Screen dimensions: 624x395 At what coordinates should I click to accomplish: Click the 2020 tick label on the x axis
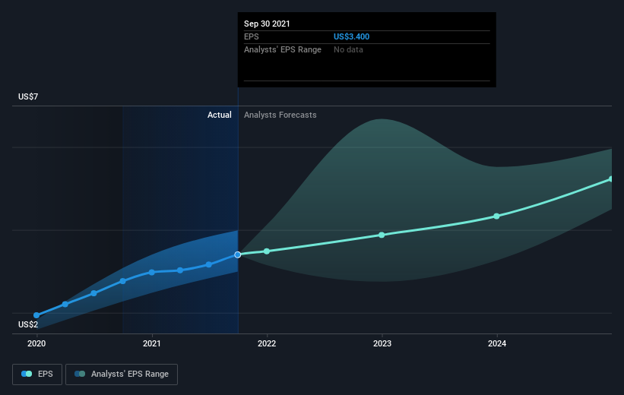click(x=36, y=343)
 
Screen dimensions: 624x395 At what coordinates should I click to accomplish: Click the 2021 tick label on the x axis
click(x=151, y=343)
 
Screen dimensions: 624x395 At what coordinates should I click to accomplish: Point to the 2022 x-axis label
click(x=267, y=343)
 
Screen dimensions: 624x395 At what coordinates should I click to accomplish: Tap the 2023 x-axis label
click(x=382, y=343)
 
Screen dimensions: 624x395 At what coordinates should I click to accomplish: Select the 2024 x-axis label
click(x=497, y=343)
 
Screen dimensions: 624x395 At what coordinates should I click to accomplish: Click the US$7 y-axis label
click(x=28, y=96)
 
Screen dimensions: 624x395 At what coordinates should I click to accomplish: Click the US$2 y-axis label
click(x=28, y=324)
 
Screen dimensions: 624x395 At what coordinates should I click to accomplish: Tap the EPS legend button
click(x=37, y=374)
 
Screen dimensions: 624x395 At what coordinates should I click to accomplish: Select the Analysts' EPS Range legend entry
click(x=122, y=374)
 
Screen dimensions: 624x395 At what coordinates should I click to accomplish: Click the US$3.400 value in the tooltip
click(x=351, y=36)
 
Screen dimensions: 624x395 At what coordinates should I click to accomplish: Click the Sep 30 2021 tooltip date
click(x=267, y=24)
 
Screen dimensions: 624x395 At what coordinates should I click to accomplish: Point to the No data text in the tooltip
click(x=348, y=49)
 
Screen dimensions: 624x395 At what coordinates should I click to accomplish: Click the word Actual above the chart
click(x=220, y=115)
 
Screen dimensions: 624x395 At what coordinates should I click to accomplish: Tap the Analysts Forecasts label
click(x=280, y=115)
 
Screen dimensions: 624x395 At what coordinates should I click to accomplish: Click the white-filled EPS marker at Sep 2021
click(x=238, y=254)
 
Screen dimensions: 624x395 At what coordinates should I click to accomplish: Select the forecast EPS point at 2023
click(x=382, y=235)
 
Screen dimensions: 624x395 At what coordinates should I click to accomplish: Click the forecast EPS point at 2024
click(x=496, y=216)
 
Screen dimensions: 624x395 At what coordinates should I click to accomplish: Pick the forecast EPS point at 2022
click(x=267, y=251)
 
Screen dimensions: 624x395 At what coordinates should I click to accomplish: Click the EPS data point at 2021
click(x=151, y=273)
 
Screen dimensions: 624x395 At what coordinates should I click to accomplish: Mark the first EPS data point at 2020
click(x=36, y=315)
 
